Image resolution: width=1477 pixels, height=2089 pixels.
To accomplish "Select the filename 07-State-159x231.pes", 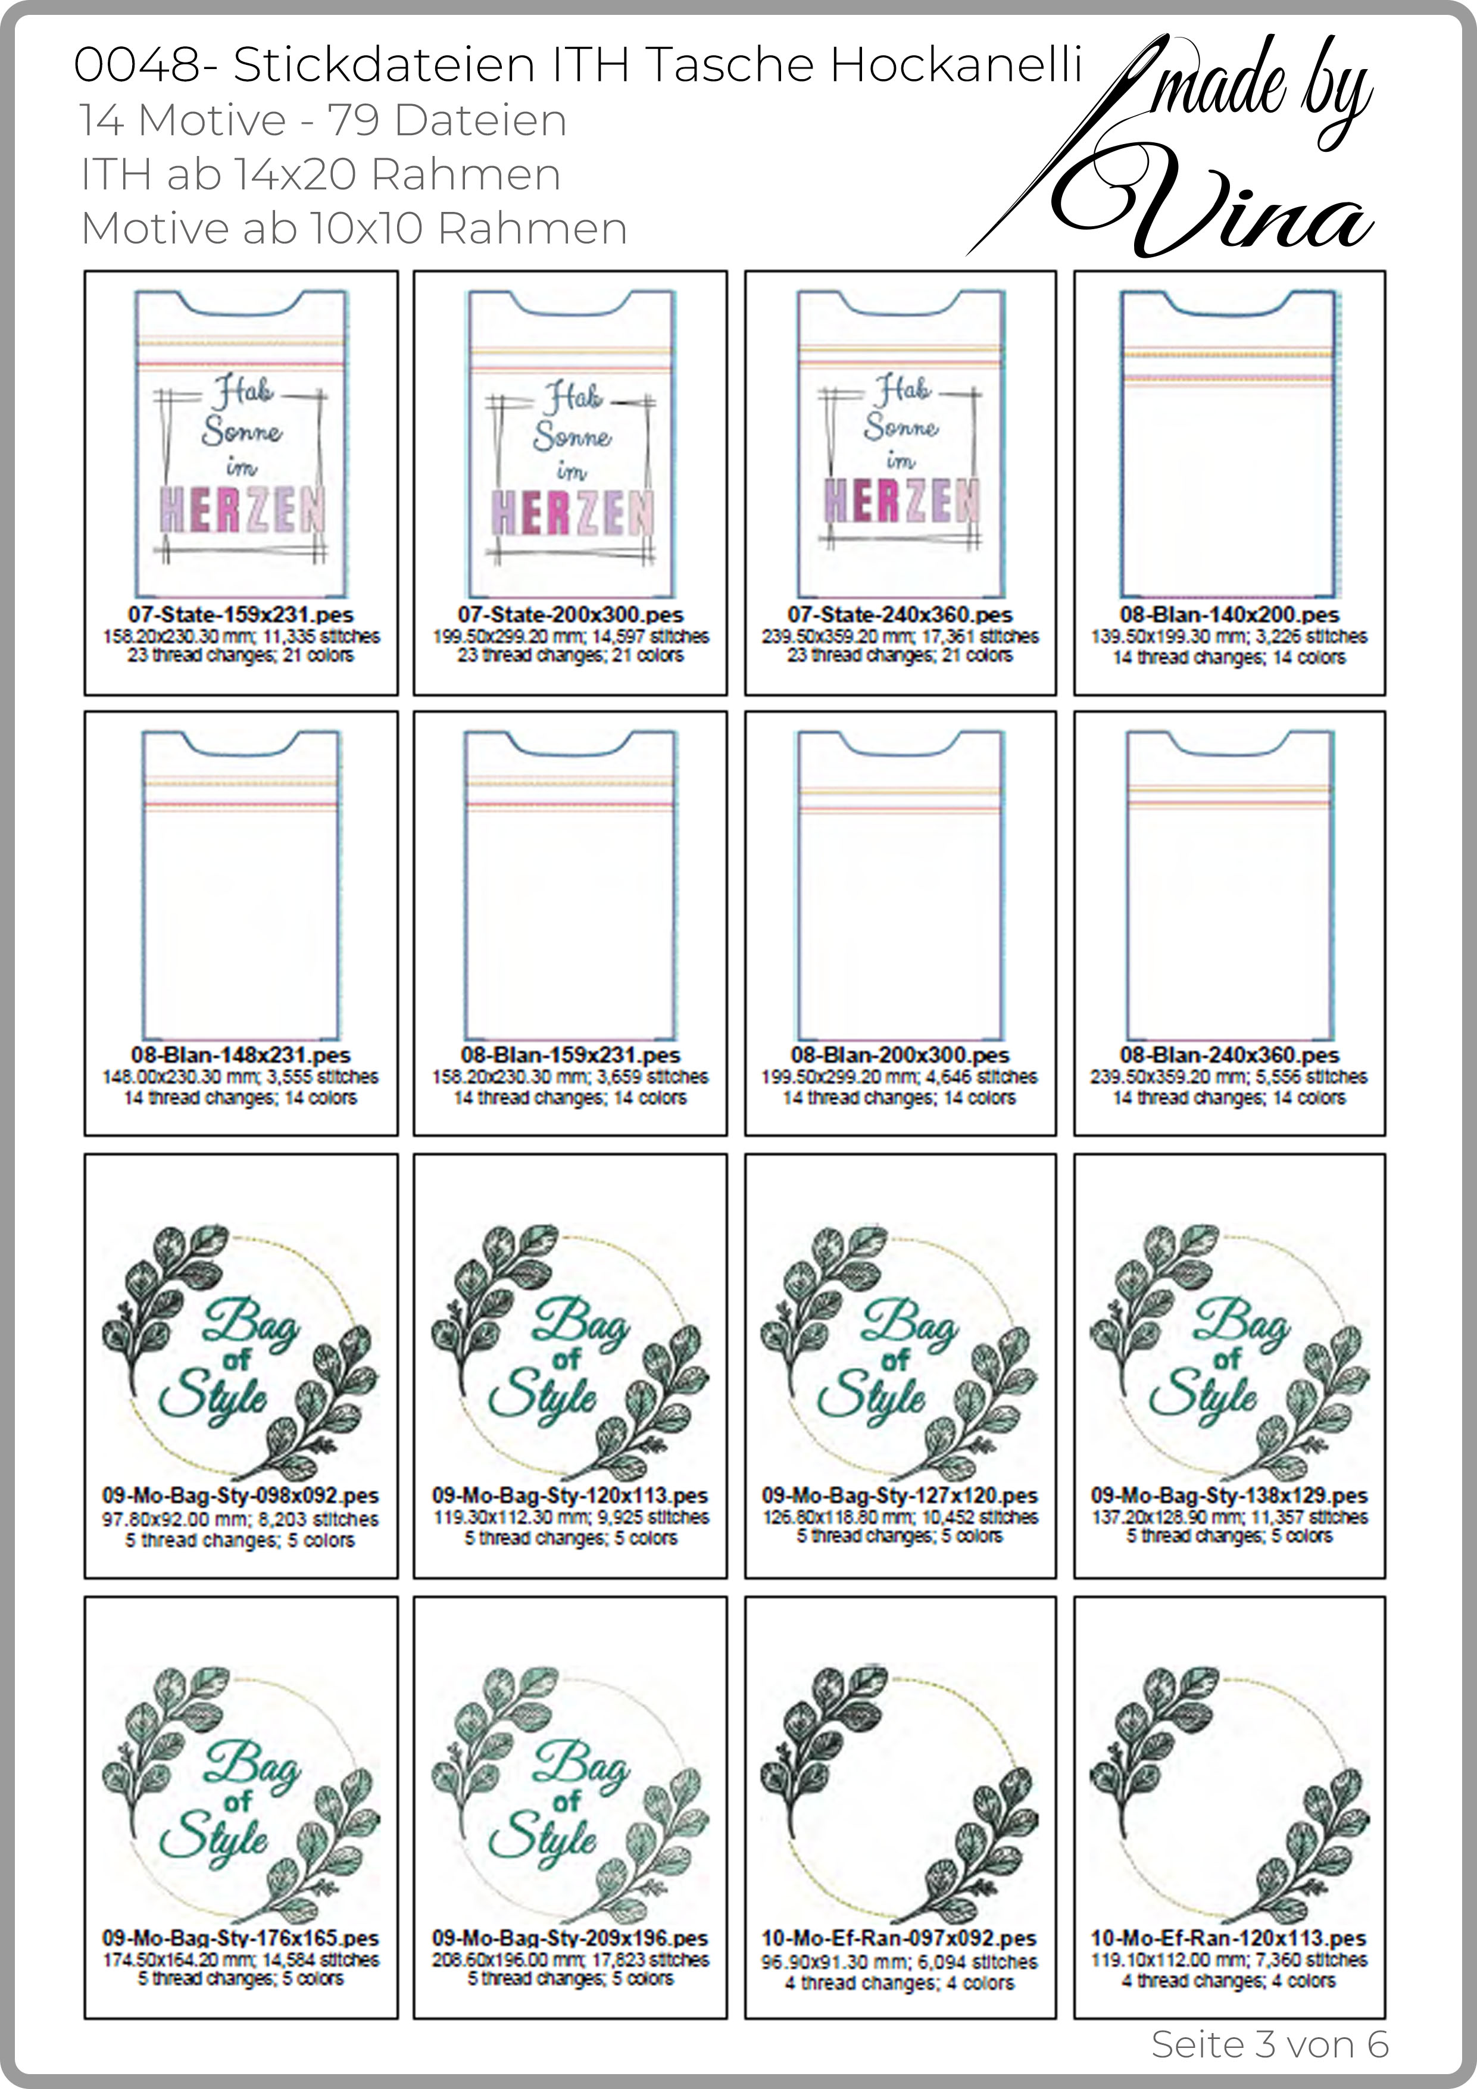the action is (241, 615).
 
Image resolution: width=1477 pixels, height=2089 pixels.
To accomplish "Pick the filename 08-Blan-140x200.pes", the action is (1229, 615).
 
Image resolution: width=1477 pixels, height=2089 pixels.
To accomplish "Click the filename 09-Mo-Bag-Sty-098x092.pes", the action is (241, 1496).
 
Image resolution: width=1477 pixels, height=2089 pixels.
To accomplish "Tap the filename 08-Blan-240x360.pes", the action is (1229, 1056).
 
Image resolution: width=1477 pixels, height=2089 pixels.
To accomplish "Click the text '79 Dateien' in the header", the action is (447, 120).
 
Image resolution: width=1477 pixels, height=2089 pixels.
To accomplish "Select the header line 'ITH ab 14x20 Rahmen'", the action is (320, 174).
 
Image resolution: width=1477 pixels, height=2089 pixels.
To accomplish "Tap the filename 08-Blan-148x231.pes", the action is (241, 1056).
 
